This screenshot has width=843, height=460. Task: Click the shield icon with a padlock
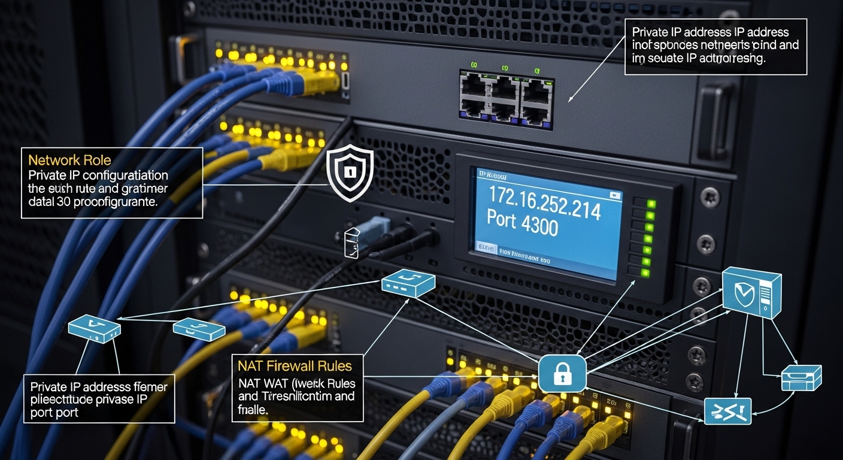click(x=350, y=173)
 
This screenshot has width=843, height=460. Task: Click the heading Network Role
click(x=69, y=160)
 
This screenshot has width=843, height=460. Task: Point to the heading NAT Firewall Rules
click(x=294, y=365)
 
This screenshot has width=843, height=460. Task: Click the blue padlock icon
click(x=562, y=374)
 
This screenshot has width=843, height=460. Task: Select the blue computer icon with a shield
click(x=751, y=292)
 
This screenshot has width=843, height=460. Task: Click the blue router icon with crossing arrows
click(x=727, y=411)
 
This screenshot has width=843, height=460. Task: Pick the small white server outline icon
click(x=352, y=243)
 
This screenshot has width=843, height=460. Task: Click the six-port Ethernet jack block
click(x=506, y=98)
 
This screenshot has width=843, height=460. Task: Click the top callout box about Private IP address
click(x=715, y=46)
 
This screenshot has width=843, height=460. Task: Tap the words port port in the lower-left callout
click(x=54, y=412)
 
